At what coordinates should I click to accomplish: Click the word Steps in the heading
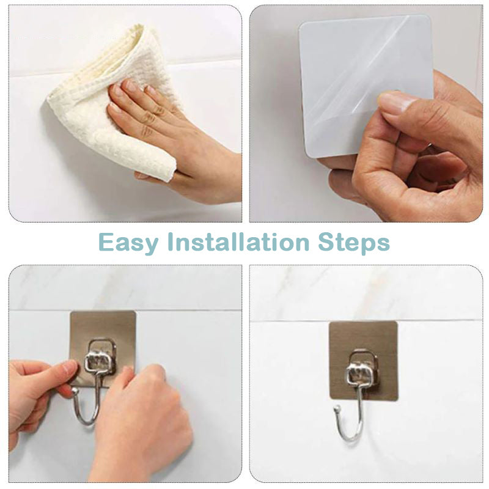click(x=353, y=243)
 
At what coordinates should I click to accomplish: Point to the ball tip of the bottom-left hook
click(x=74, y=391)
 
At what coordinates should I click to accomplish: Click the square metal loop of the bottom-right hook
click(x=363, y=367)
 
